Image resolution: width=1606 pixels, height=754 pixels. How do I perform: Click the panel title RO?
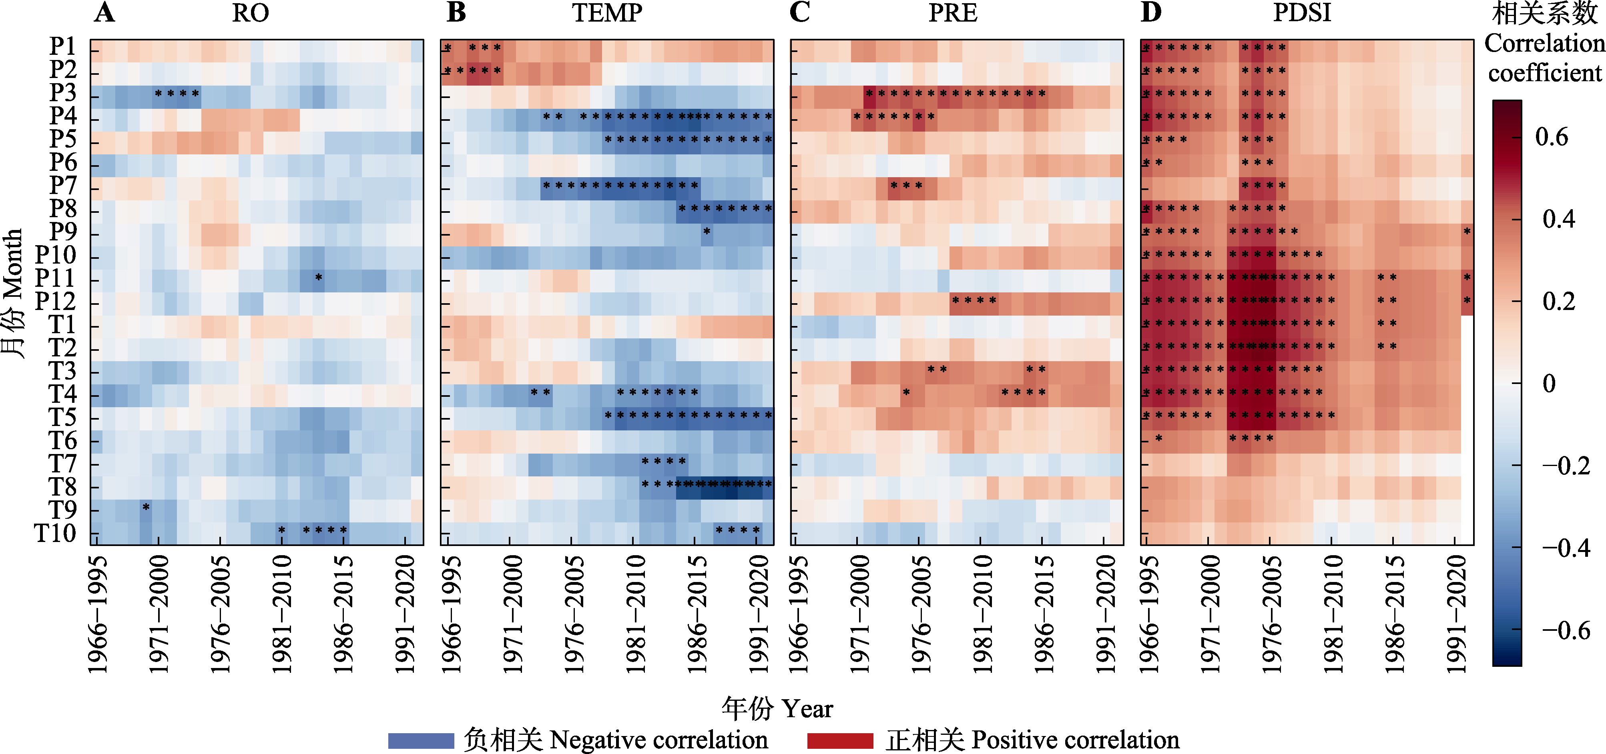250,13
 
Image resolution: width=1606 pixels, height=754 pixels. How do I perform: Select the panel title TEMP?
607,13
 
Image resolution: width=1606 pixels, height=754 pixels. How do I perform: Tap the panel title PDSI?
1302,13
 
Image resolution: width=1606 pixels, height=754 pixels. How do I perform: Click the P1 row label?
62,46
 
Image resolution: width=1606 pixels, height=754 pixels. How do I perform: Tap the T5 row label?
62,418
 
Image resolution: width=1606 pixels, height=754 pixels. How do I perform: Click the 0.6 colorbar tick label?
1552,136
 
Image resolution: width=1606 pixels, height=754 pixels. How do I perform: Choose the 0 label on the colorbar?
1549,383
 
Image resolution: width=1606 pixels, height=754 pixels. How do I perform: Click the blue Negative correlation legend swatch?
421,740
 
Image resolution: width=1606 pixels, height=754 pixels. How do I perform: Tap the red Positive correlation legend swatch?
840,740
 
